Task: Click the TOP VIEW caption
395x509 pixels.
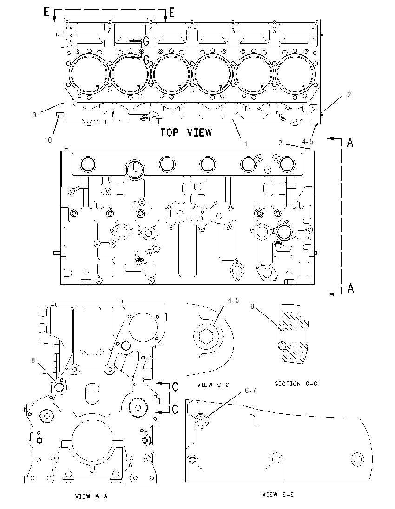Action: [186, 132]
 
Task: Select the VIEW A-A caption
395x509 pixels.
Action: [91, 496]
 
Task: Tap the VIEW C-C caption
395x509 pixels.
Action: [213, 385]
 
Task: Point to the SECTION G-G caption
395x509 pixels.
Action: [296, 384]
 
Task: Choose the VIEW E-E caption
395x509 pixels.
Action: [278, 495]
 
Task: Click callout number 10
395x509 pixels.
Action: [48, 140]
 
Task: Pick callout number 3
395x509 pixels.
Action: [34, 115]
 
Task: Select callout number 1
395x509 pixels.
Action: [246, 144]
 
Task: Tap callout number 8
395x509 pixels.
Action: [33, 360]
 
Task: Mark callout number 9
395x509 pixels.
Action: [252, 306]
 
